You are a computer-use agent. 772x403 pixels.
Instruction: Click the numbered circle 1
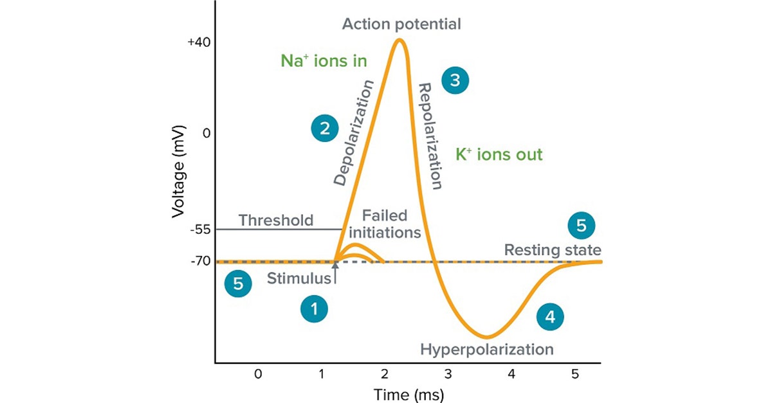tap(315, 309)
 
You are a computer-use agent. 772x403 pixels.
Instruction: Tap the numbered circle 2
tap(325, 128)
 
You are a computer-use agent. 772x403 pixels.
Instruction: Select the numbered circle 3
tap(455, 81)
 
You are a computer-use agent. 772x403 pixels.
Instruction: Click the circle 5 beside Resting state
tap(582, 226)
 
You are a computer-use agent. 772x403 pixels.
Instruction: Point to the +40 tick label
tap(199, 42)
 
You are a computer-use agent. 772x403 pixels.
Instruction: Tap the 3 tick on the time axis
tap(448, 373)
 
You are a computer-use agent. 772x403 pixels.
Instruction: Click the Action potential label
tap(401, 24)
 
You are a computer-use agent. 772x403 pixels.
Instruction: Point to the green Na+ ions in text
tap(324, 61)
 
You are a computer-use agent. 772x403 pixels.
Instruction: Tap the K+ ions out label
tap(499, 155)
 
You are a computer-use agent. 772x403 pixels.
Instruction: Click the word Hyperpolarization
tap(487, 350)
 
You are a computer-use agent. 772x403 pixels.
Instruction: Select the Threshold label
tap(276, 220)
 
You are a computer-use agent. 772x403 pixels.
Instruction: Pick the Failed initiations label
tap(385, 223)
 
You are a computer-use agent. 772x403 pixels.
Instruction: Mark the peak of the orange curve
tap(400, 40)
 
